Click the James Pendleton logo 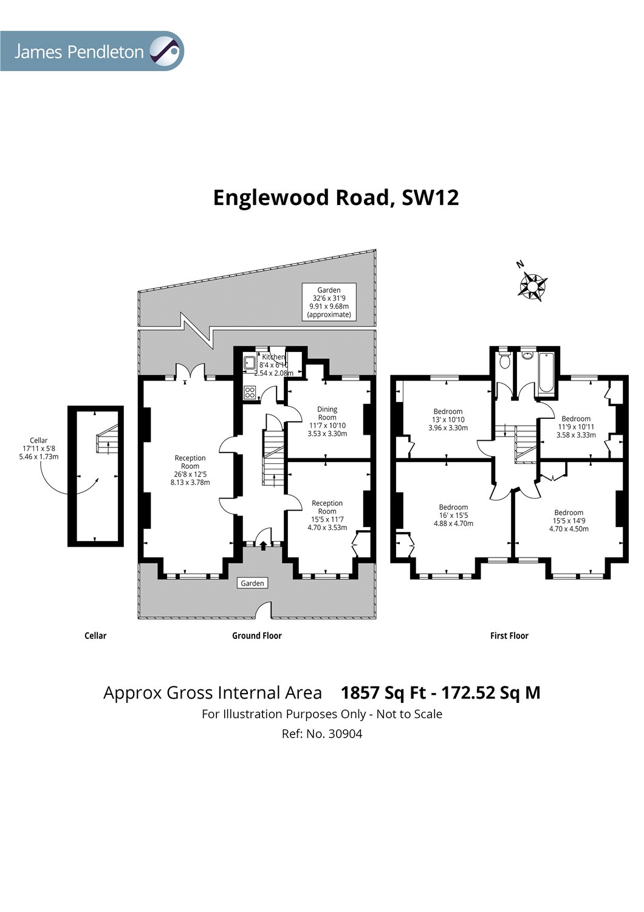pos(92,51)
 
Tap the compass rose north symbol pos(532,285)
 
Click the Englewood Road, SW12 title pos(336,198)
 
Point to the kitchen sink pos(249,363)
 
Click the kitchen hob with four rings pos(249,393)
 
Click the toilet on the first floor pos(504,361)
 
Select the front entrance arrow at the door pos(263,545)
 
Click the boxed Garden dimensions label pos(329,302)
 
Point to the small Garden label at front pos(252,583)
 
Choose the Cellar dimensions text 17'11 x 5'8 pos(39,448)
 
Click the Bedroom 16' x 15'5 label pos(453,515)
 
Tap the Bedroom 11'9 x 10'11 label pos(576,427)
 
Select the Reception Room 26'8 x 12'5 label pos(190,470)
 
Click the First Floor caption pos(509,635)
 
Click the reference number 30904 pos(345,734)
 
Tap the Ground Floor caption pos(257,635)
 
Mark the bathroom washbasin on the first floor pos(527,355)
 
